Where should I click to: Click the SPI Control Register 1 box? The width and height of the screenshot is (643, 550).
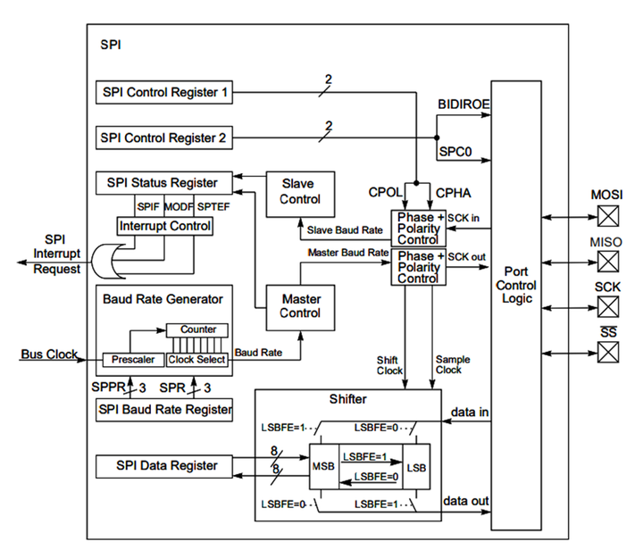(x=165, y=91)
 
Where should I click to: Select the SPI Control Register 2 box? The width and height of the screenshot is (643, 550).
(x=165, y=138)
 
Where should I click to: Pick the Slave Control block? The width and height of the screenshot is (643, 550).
(x=299, y=193)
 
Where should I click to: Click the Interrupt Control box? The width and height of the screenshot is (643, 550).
(x=166, y=227)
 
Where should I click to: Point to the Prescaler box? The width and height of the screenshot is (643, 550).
(x=133, y=360)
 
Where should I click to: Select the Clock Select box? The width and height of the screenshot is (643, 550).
(x=197, y=360)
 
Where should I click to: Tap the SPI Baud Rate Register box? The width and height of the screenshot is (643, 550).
(x=165, y=410)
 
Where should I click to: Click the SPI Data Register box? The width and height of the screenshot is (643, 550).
(x=165, y=465)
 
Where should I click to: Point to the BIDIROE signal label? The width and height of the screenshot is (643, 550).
(x=463, y=104)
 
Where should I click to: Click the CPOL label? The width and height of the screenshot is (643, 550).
(x=386, y=192)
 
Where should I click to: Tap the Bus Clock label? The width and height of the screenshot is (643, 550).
(x=49, y=354)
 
